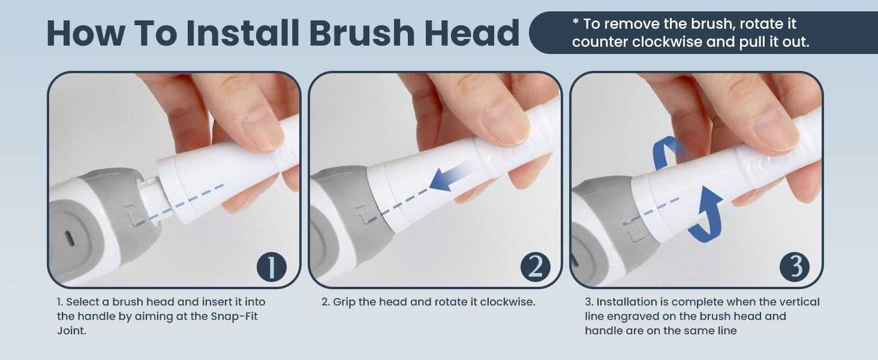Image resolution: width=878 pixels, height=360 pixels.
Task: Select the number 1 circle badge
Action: point(272,267)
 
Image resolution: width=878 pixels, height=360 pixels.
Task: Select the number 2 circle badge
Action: point(534,267)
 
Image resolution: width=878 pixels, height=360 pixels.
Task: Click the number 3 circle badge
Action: point(795,267)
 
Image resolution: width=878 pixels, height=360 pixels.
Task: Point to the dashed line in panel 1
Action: point(180,204)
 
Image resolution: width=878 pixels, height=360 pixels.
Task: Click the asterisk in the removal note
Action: point(575,23)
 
